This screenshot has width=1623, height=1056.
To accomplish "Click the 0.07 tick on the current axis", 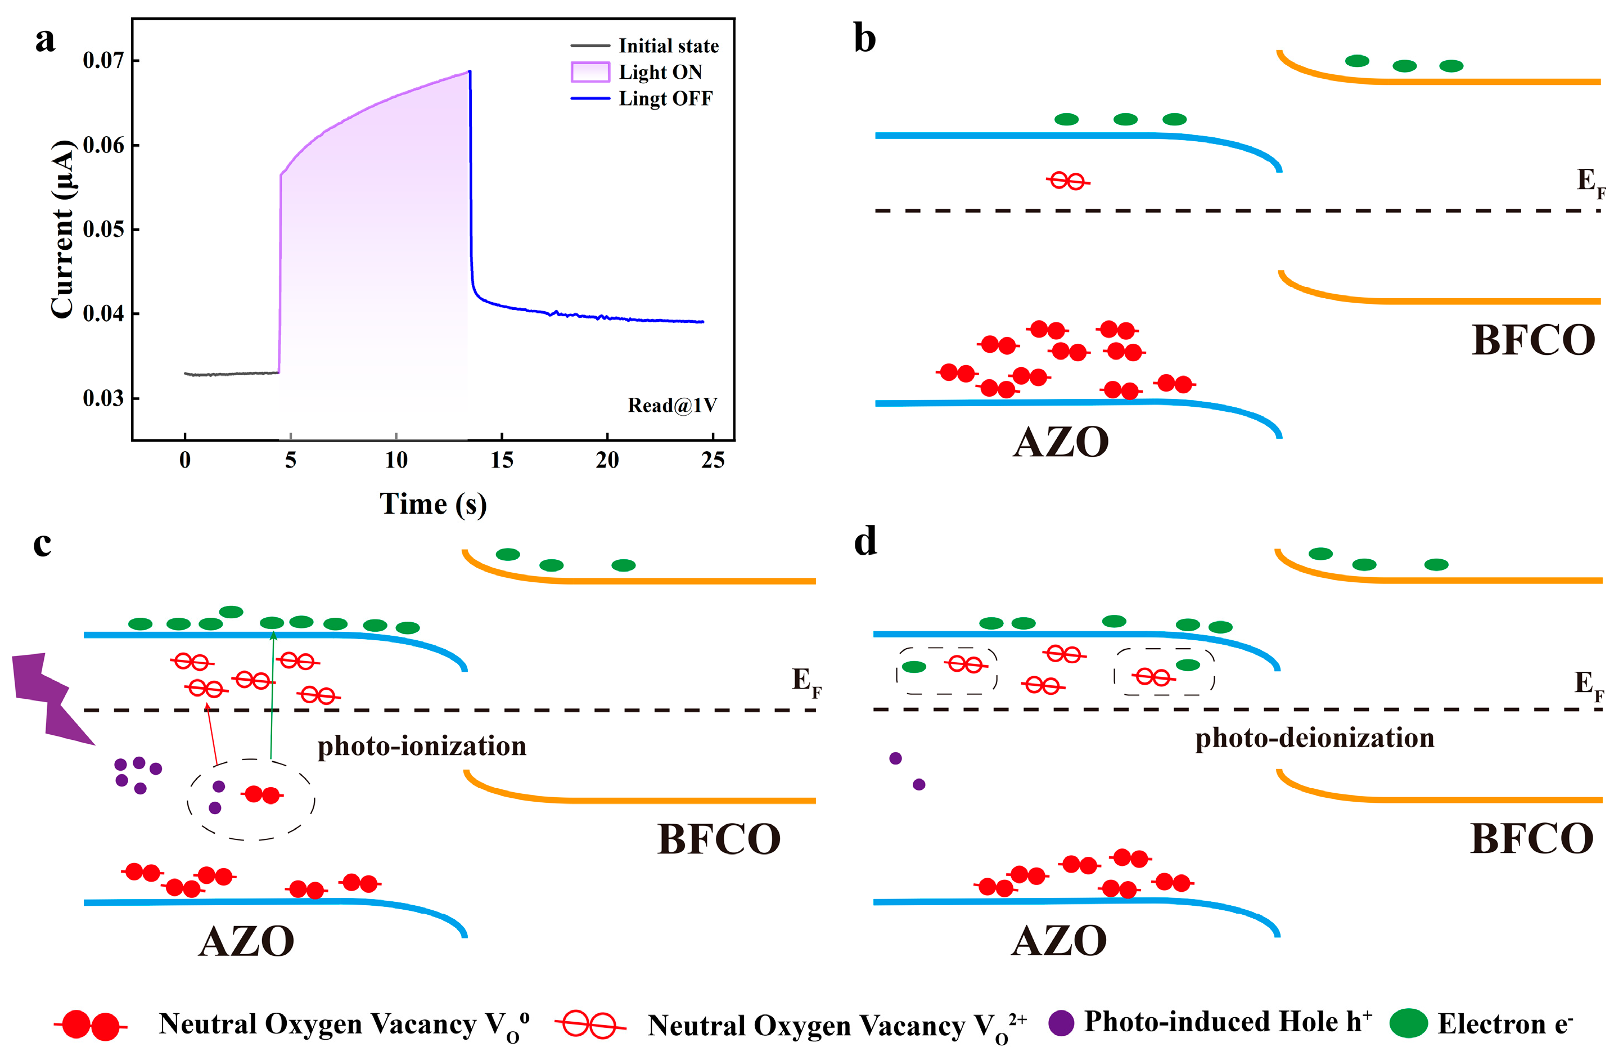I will [103, 60].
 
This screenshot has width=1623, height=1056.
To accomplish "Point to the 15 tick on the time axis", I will [502, 460].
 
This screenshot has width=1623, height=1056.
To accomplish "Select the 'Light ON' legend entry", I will [660, 73].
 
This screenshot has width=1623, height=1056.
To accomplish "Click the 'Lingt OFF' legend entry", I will [665, 99].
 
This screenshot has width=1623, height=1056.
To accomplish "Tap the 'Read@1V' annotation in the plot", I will [671, 405].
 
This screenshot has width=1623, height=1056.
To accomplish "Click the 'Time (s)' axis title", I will [433, 504].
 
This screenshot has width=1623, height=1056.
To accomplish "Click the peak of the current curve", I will [469, 71].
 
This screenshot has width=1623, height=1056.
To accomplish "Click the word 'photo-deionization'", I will [1314, 738].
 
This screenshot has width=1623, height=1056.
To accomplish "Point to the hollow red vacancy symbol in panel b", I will [1068, 181].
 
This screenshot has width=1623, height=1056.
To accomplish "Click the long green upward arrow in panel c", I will [272, 696].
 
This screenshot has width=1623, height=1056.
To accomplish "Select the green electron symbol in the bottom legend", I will [1408, 1023].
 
